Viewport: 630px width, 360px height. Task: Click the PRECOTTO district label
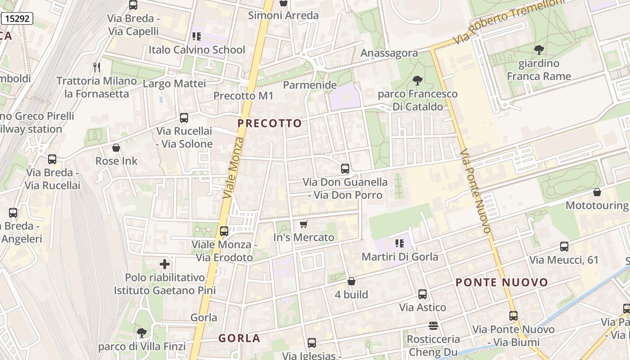coord(270,123)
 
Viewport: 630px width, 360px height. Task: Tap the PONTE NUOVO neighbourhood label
coord(502,283)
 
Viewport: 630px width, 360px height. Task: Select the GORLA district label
coord(239,338)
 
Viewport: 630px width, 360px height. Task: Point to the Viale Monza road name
coord(234,167)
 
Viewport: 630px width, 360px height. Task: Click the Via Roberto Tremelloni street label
coord(508,20)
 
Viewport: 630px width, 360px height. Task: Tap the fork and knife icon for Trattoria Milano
coord(97,67)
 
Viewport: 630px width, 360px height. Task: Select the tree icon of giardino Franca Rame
coord(539,50)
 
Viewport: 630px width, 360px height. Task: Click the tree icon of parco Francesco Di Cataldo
coord(418,81)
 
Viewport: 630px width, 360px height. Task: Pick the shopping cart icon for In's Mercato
coord(304,224)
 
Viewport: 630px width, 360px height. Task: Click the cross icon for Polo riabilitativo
coord(165,264)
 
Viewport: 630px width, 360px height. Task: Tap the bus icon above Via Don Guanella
coord(345,169)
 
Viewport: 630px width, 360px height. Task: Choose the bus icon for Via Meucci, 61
coord(564,246)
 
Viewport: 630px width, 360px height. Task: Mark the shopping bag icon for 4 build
coord(351,281)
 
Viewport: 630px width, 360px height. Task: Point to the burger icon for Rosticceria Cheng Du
coord(433,325)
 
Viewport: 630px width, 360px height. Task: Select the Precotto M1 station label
coord(243,96)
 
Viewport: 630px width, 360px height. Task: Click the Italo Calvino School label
coord(197,50)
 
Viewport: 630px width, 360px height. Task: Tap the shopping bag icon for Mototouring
coord(597,192)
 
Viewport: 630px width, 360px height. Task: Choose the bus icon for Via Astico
coord(423,294)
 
